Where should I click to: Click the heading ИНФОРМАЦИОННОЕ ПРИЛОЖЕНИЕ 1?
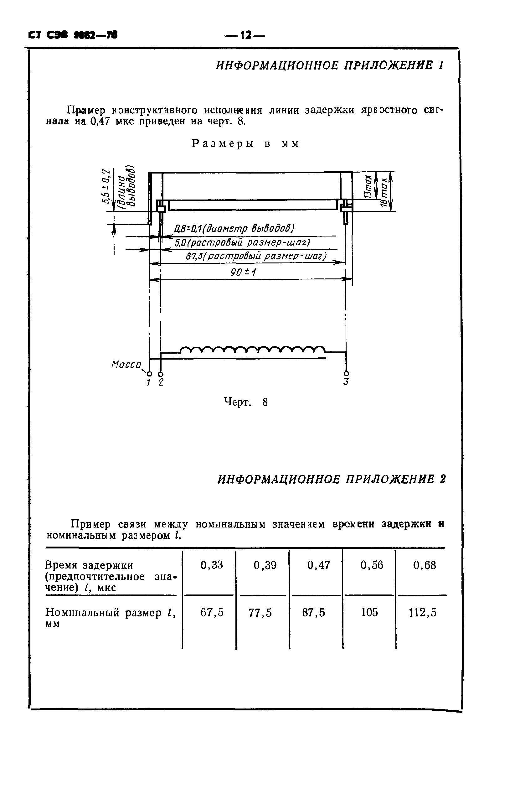(x=329, y=65)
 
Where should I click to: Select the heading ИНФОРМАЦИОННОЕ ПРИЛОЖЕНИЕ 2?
(x=331, y=479)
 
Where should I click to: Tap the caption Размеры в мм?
(x=246, y=143)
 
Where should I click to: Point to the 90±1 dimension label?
(x=243, y=273)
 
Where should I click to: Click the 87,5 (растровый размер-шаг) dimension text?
(x=256, y=256)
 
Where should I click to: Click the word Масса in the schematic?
(x=126, y=365)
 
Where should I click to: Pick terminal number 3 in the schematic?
(x=346, y=382)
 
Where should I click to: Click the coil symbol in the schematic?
(x=252, y=349)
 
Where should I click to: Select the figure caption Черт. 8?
(x=246, y=402)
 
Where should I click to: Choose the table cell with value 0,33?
(x=212, y=565)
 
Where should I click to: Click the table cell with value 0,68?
(x=425, y=565)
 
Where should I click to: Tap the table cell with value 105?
(x=369, y=612)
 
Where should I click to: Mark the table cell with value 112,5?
(x=423, y=612)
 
